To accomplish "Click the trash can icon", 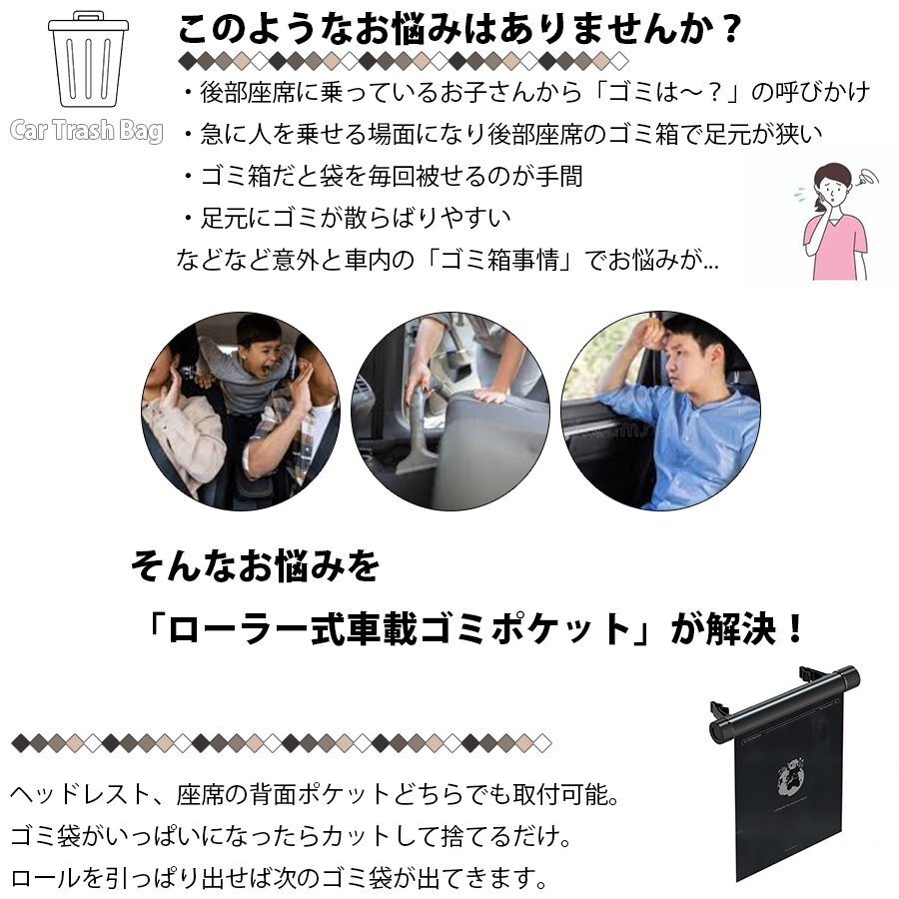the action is (88, 59).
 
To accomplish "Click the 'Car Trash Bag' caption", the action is (87, 130).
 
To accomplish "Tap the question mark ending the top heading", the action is (731, 29).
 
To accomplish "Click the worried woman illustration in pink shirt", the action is (836, 222).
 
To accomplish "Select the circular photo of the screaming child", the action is (240, 412).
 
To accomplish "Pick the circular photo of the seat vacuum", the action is (450, 412).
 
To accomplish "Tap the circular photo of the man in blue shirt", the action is (660, 412).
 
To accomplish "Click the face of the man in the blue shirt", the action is (682, 358).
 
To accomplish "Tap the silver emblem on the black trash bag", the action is (791, 777).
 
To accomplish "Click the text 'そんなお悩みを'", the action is (255, 566).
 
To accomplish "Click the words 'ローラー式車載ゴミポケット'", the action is (398, 628).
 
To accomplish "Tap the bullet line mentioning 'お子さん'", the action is (526, 92).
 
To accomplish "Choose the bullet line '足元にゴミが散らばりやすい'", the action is (347, 218).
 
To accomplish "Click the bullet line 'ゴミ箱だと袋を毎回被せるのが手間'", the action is (383, 176).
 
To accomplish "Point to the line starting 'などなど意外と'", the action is (448, 261).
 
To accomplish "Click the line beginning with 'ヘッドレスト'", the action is (315, 795).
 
